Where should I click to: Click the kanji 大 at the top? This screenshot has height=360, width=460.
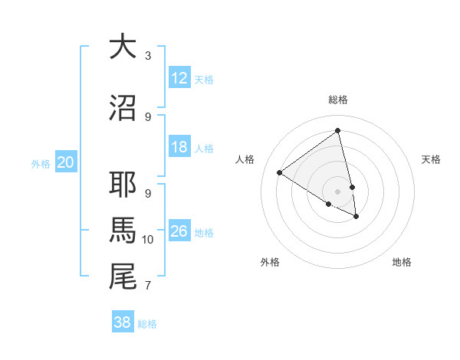[123, 47]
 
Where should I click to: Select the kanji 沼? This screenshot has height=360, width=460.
[123, 108]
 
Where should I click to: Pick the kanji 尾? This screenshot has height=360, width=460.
[123, 277]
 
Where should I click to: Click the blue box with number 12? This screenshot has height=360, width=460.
[179, 78]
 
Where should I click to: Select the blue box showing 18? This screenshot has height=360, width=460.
[179, 148]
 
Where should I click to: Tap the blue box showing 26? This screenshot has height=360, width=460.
[179, 231]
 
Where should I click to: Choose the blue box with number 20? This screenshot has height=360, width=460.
[66, 162]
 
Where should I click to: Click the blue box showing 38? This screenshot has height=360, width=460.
[123, 322]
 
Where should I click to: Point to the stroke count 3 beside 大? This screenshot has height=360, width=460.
[148, 55]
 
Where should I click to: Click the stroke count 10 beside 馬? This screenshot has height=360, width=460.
[148, 240]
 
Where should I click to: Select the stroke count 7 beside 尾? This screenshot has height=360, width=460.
[148, 286]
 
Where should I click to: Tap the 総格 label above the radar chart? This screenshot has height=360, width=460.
[338, 100]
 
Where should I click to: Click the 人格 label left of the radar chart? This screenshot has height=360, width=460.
[245, 159]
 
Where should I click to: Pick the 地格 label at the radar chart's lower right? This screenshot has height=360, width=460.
[402, 262]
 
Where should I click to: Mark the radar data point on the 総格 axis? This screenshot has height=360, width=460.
[338, 130]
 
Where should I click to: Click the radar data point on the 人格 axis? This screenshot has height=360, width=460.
[280, 172]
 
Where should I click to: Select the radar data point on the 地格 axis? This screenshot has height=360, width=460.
[356, 217]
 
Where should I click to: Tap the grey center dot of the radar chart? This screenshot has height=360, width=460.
[338, 191]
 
